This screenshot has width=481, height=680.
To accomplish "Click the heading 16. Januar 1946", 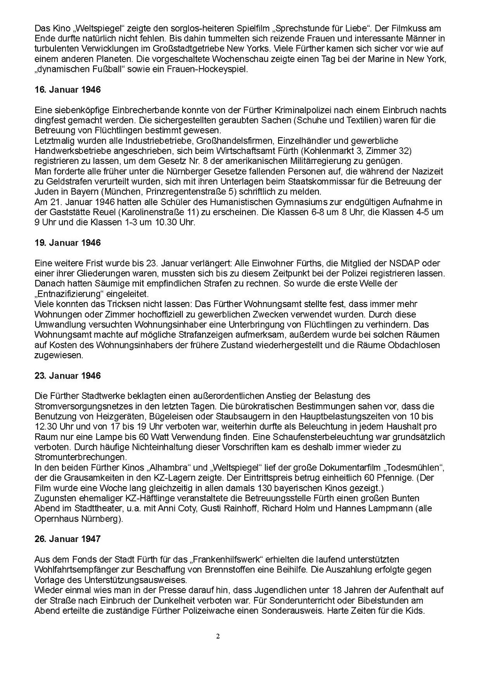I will point(68,90).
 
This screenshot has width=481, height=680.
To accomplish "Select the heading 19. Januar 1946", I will point(68,243).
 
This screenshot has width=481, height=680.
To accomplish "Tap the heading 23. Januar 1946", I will point(68,376).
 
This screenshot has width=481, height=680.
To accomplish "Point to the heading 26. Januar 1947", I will point(68,539).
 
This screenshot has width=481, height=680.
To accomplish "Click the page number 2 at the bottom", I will point(217,636).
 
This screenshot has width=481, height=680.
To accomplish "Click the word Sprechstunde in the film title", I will point(306,28).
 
